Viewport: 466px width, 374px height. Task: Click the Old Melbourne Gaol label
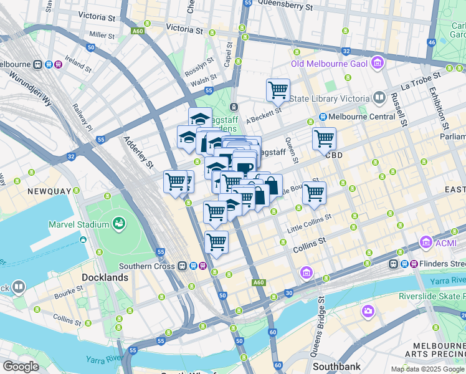330,63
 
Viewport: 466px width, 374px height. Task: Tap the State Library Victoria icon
379,97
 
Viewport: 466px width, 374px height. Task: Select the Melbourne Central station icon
323,117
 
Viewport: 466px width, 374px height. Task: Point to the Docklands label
105,277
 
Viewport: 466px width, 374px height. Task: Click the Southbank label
338,366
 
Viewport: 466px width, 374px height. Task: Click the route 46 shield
431,42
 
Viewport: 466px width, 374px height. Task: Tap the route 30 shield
288,292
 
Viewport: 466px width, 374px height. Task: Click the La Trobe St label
421,80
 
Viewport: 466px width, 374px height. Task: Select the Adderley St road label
138,153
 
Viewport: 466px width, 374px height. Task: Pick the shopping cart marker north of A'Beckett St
278,90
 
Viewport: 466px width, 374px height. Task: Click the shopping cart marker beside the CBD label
324,138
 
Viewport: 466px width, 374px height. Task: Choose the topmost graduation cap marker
200,118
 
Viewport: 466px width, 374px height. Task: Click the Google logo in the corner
21,367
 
